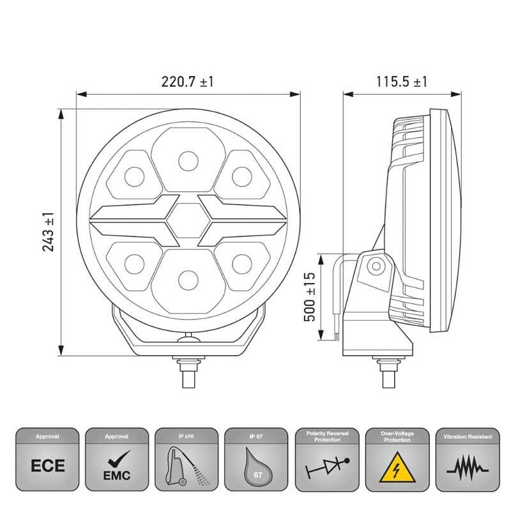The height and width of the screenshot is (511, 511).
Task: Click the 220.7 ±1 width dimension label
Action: coord(187,82)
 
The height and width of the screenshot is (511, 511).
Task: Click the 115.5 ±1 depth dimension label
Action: coord(401,82)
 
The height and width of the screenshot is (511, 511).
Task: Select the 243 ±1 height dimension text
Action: coord(48,231)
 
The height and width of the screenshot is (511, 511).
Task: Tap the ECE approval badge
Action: coord(48,464)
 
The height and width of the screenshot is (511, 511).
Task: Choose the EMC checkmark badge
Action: coord(118,464)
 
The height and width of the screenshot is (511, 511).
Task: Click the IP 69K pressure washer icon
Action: coord(187,464)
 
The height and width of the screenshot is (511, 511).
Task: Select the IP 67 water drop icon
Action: coord(257,464)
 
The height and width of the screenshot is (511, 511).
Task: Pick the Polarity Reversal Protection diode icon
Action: coord(326,464)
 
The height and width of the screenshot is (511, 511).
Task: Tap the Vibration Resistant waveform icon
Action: coord(466,464)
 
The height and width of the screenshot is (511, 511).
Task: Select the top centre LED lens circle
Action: coord(187,159)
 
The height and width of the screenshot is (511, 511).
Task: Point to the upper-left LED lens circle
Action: coord(133,175)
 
